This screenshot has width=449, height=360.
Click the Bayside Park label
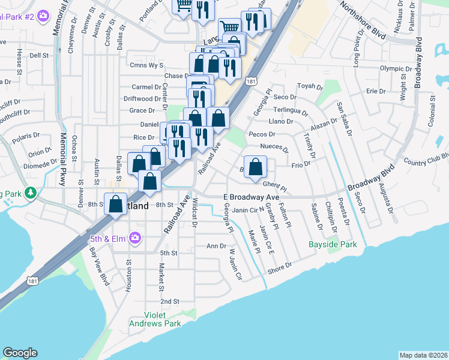[333, 244]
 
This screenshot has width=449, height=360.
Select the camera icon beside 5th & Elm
[136, 238]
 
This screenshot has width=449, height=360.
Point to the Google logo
[20, 353]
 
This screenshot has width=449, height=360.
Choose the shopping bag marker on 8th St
[115, 205]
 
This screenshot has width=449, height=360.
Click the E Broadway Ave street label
[252, 197]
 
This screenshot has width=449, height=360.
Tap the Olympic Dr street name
[396, 68]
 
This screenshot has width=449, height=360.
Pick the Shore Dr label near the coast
[279, 265]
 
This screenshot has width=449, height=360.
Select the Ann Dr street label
[215, 246]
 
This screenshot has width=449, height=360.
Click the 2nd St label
[169, 301]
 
